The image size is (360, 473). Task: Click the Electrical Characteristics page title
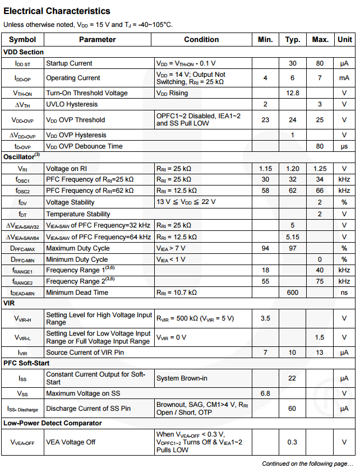tap(57, 11)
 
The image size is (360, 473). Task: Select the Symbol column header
tap(22, 40)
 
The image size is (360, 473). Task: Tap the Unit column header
tap(344, 40)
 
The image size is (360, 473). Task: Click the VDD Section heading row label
tap(24, 52)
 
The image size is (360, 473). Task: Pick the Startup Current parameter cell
tap(69, 63)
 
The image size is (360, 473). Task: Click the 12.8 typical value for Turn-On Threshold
tap(292, 93)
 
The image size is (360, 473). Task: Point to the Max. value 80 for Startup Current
tap(320, 63)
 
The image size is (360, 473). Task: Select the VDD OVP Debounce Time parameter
tap(84, 146)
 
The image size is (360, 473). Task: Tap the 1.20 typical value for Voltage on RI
tap(292, 169)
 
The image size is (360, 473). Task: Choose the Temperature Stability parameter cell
tap(78, 214)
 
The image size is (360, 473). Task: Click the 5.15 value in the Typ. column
tap(292, 237)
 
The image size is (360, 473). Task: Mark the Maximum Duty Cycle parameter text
tap(77, 248)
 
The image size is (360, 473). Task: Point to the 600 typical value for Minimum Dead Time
tap(292, 293)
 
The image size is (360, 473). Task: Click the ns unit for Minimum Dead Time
tap(344, 293)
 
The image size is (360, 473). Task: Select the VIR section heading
tap(9, 303)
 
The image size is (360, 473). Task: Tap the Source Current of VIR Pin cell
tap(85, 353)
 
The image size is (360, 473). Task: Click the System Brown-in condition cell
tap(182, 378)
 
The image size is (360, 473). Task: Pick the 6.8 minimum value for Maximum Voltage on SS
tap(265, 393)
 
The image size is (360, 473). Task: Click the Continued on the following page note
tap(307, 464)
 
